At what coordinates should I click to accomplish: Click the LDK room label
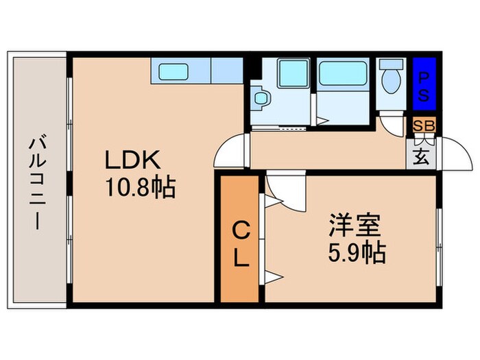[x=132, y=160]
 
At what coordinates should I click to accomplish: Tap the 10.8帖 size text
[x=141, y=187]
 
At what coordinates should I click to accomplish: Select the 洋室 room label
[x=354, y=226]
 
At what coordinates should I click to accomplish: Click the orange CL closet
[x=239, y=240]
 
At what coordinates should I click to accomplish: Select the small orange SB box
[x=422, y=125]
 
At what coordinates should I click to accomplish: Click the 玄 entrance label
[x=422, y=156]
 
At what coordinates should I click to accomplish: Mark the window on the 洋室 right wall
[x=437, y=234]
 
